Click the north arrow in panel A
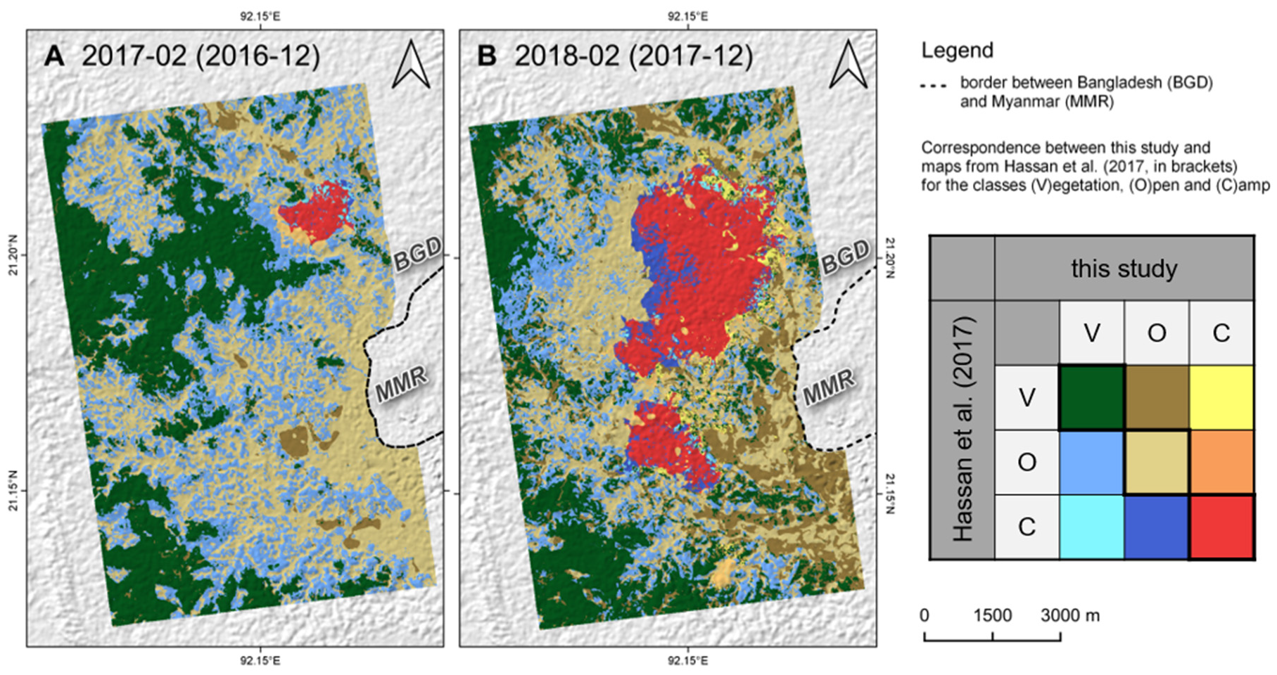tap(411, 65)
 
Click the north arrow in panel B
tap(848, 65)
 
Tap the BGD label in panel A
tap(418, 254)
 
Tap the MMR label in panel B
tap(829, 387)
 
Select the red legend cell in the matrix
tap(1221, 527)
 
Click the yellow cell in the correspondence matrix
tap(1221, 397)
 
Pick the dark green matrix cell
tap(1091, 397)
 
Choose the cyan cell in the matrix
tap(1091, 527)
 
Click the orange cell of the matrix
tap(1221, 462)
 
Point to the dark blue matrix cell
tap(1156, 527)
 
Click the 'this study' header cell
tap(1124, 269)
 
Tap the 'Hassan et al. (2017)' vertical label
tap(962, 429)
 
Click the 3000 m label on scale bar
tap(1069, 616)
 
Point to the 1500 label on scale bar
tap(992, 616)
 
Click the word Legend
tap(957, 51)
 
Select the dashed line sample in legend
tap(933, 86)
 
